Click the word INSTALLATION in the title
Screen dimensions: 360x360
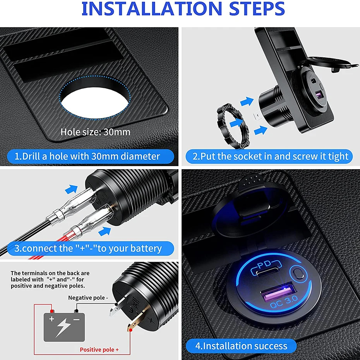click(151, 9)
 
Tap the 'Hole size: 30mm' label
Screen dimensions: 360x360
click(95, 132)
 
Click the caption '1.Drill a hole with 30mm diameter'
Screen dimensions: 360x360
click(87, 156)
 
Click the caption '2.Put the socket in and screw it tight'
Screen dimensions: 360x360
click(271, 156)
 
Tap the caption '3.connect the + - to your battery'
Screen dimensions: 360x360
click(88, 249)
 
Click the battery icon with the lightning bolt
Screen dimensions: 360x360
click(64, 326)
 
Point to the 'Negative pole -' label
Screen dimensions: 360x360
click(88, 298)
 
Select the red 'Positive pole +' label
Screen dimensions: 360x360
click(99, 350)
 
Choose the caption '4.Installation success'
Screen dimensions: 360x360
click(241, 346)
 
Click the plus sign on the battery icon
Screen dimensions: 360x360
click(51, 319)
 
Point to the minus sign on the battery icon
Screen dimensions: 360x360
click(77, 319)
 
